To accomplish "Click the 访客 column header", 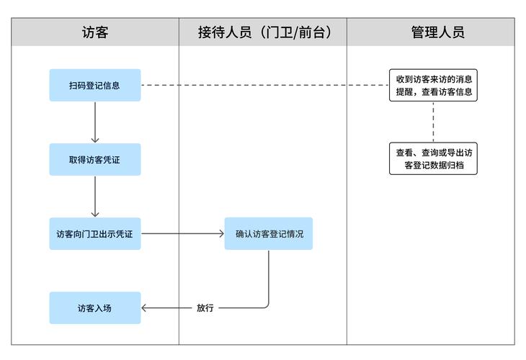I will click(95, 32).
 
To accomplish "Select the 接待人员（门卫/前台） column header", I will click(264, 32).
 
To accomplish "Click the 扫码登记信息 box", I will click(95, 85).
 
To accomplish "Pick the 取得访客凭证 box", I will click(95, 159).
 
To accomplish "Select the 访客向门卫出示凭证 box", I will click(95, 234).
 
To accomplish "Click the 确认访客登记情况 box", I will click(269, 234).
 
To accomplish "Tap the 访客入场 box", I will click(95, 308).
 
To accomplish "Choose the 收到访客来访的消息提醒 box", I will click(434, 85).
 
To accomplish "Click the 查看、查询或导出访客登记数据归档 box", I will click(434, 159).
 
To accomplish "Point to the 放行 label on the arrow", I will click(205, 308).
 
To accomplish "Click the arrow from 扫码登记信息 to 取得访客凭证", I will click(95, 122).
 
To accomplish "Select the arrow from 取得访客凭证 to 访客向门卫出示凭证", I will click(95, 197).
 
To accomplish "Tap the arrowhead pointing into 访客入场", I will click(144, 308).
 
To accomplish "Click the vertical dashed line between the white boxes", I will click(434, 122).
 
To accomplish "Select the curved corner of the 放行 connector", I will click(267, 305).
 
